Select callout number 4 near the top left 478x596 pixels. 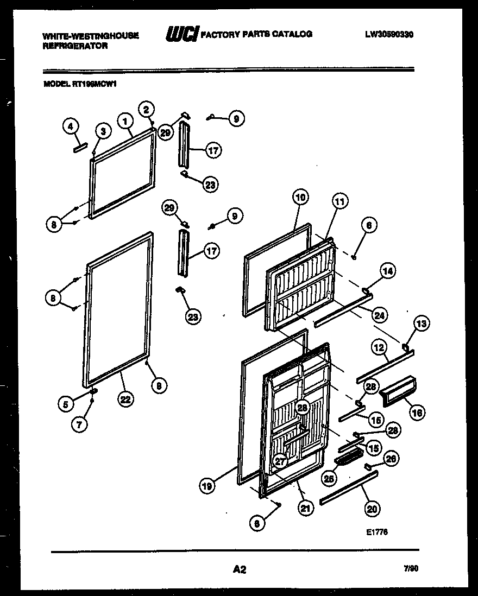(70, 127)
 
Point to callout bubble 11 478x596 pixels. (339, 202)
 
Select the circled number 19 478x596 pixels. (205, 487)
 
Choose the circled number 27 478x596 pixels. (280, 461)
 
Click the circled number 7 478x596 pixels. (80, 425)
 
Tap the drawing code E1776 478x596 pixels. (376, 532)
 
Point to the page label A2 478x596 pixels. (239, 569)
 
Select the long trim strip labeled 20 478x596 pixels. (348, 487)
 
